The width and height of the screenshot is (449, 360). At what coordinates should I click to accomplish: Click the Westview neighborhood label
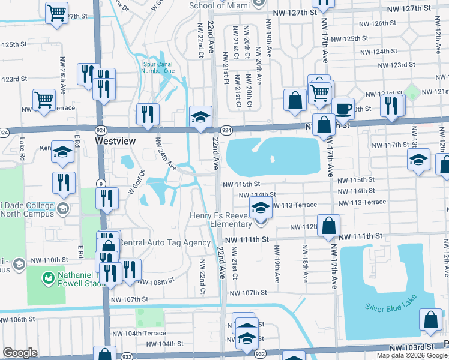click(x=116, y=140)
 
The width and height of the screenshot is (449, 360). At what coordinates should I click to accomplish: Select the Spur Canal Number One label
click(x=158, y=67)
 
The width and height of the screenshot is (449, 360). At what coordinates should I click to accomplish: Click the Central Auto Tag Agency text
click(x=165, y=243)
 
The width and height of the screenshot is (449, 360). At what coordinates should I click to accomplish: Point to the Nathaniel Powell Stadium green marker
click(x=48, y=278)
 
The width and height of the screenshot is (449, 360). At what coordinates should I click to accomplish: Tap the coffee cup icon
click(x=343, y=109)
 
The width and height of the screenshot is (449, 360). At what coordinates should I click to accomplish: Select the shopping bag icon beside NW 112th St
click(x=329, y=226)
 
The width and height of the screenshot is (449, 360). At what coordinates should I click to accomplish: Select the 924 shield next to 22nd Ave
click(x=226, y=130)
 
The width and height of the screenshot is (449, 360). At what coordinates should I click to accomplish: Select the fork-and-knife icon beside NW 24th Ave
click(x=148, y=113)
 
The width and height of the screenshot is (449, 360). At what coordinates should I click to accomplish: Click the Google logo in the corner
click(x=20, y=353)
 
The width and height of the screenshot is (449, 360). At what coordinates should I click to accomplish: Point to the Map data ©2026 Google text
click(x=411, y=355)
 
